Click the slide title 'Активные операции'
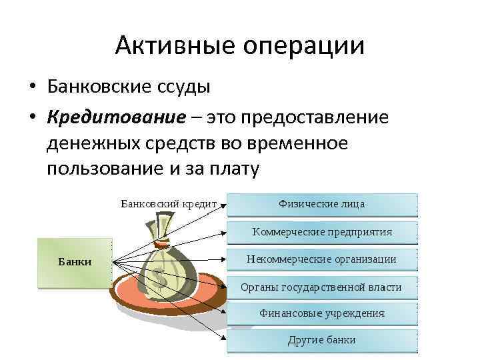(240, 46)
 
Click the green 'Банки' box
(74, 262)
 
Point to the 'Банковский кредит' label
(169, 203)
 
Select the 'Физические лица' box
(322, 203)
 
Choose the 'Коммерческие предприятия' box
(322, 232)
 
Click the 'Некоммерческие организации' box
(322, 259)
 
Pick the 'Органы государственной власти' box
(322, 287)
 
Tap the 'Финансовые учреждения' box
(322, 313)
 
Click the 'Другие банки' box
(322, 340)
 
